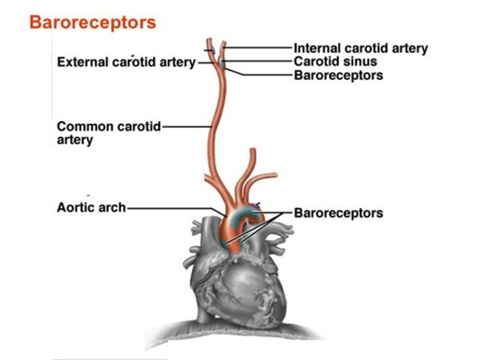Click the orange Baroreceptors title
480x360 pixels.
pos(93,23)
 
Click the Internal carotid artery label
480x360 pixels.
pos(361,48)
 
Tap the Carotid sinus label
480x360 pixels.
pos(335,61)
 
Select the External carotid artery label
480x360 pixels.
pos(126,62)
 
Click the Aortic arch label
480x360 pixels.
pos(91,207)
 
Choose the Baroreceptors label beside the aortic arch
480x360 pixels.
pos(338,213)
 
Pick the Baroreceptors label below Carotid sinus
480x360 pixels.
pos(338,75)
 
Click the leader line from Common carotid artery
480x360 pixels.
pos(187,127)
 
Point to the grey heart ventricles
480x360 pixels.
pos(240,287)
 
